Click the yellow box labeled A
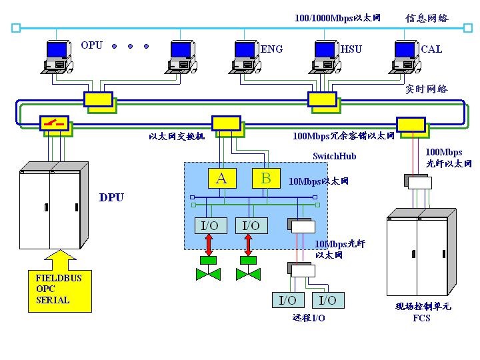point(222,178)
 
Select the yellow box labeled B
point(266,178)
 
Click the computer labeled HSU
point(326,55)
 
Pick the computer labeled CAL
point(405,55)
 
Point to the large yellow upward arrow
point(59,257)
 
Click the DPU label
point(111,197)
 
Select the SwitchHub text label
point(335,156)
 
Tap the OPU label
point(92,45)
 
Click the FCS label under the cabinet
point(421,318)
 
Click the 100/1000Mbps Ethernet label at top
point(337,18)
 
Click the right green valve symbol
point(249,273)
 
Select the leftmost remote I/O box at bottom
point(287,300)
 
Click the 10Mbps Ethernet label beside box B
point(319,181)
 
